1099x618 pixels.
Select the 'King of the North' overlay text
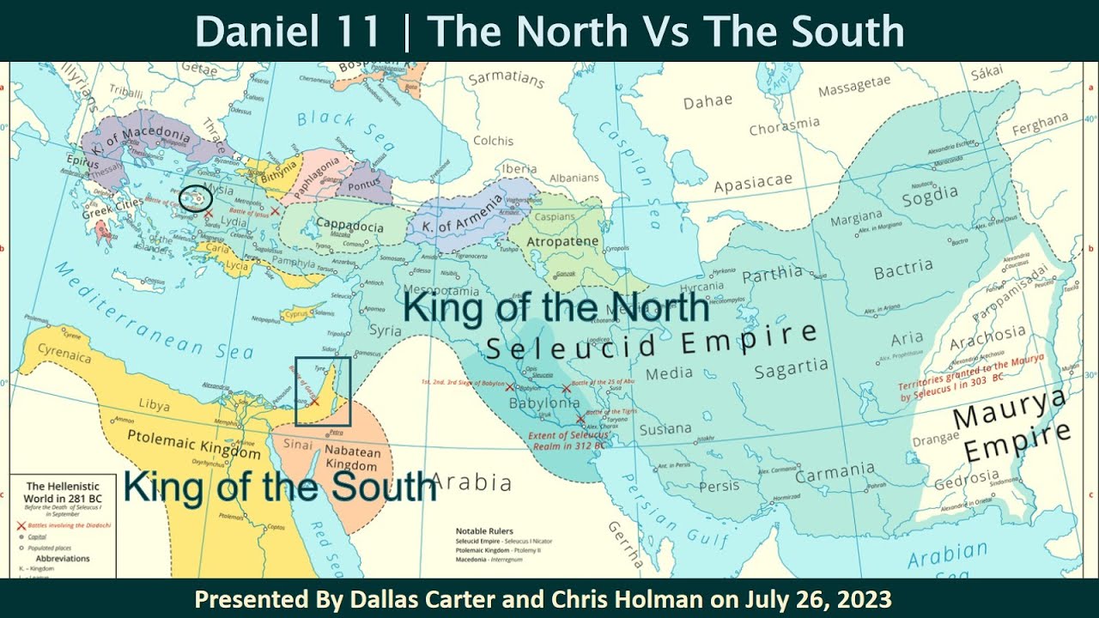(556, 308)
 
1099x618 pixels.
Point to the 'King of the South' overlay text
(280, 486)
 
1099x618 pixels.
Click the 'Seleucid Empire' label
(651, 342)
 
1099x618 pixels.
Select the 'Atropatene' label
(563, 241)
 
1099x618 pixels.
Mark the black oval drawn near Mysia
(196, 197)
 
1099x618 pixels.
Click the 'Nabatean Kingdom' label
(351, 457)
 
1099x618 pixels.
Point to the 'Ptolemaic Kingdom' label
(193, 443)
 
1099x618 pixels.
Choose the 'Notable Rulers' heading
(484, 531)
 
